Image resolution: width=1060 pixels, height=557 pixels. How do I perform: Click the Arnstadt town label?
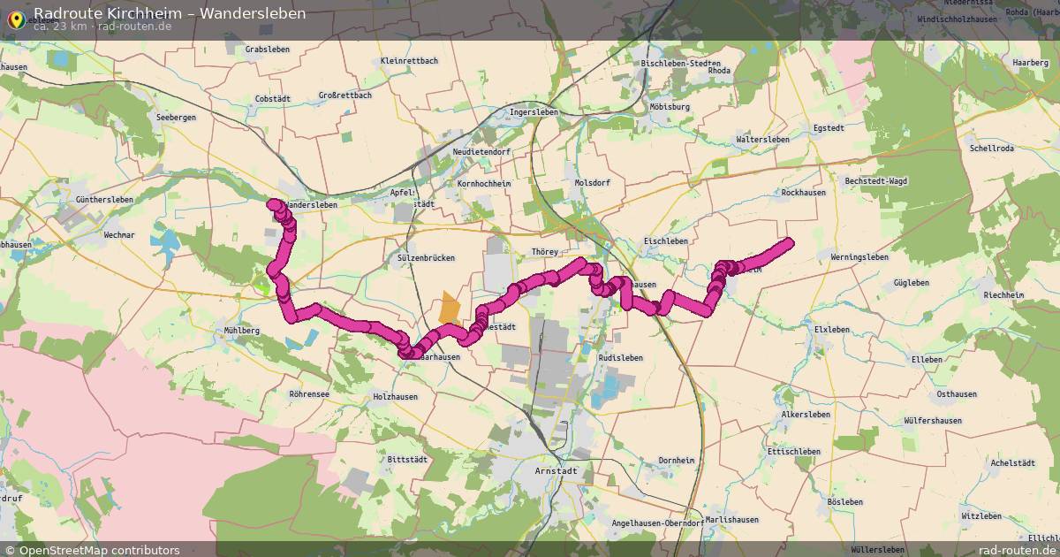click(556, 471)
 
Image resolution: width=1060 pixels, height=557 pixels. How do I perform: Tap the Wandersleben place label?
click(312, 205)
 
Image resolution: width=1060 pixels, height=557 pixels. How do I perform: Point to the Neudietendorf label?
click(478, 151)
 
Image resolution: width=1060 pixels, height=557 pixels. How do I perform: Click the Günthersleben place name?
click(104, 201)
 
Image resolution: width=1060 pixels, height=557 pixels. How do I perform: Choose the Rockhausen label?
click(803, 193)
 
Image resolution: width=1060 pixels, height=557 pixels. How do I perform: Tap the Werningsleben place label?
click(859, 257)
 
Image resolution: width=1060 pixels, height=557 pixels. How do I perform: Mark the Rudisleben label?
click(620, 358)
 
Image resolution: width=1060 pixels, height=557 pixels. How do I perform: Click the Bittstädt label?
click(407, 460)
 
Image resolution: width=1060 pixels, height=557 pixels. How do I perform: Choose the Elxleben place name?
click(831, 330)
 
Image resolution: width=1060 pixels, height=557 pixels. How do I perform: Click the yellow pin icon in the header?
click(16, 18)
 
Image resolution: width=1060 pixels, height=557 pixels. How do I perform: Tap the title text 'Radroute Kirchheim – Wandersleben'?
click(170, 12)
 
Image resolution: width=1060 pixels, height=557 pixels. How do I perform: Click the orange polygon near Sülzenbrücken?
click(450, 309)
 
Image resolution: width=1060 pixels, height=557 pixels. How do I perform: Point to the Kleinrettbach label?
click(408, 61)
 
